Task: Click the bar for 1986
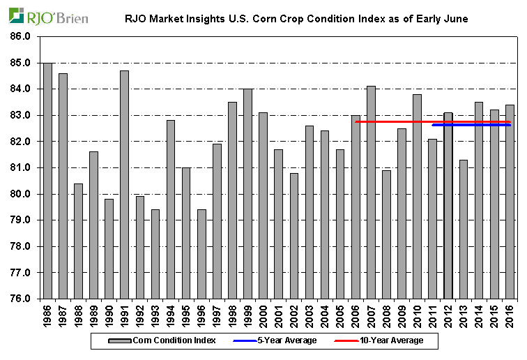click(x=47, y=181)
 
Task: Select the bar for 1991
click(x=125, y=185)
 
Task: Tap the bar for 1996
click(x=201, y=254)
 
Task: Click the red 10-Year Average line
click(x=390, y=121)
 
